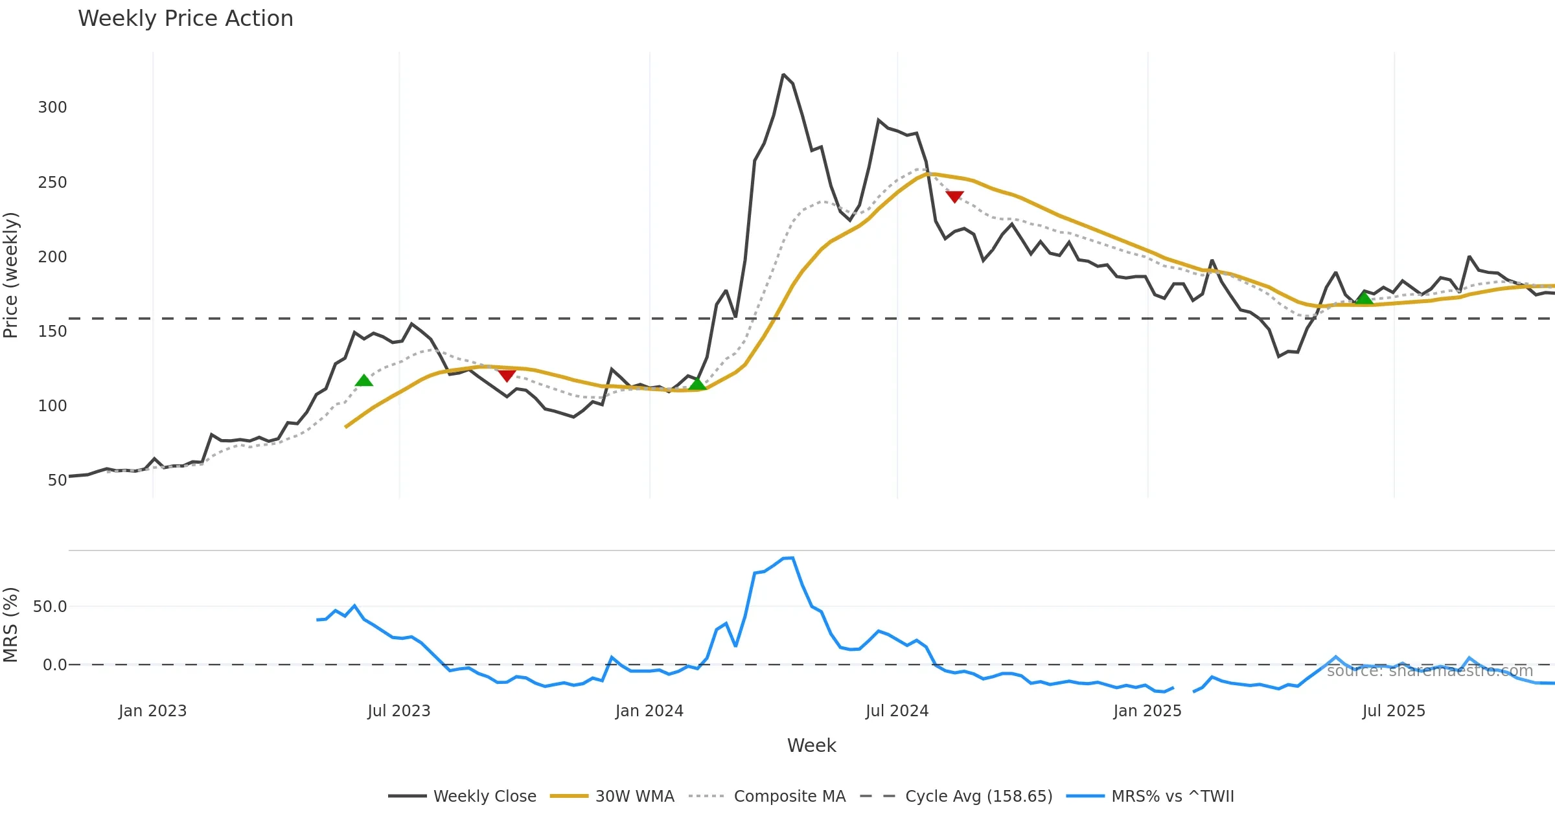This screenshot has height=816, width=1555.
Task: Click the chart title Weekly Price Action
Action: [185, 19]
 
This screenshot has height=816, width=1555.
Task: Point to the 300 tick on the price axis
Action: [52, 108]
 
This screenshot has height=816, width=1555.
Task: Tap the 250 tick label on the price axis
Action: [52, 183]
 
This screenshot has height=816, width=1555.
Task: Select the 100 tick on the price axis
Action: [52, 406]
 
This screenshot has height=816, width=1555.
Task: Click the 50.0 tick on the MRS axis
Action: [50, 607]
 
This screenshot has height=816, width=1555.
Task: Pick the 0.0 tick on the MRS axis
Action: [54, 665]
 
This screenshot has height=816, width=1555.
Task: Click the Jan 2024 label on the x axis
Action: [649, 711]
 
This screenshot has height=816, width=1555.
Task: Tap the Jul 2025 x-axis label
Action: [1394, 711]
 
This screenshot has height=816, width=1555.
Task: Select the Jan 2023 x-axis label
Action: [152, 711]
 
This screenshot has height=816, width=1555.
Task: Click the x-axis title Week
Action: [811, 746]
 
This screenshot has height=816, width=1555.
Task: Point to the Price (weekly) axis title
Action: [11, 275]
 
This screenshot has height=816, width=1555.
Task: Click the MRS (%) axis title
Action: [11, 625]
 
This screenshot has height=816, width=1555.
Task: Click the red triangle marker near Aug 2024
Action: [954, 196]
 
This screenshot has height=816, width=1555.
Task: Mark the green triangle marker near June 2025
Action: [1365, 298]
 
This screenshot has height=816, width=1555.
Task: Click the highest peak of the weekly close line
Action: [783, 75]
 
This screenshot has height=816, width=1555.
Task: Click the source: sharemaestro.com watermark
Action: [1430, 671]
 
